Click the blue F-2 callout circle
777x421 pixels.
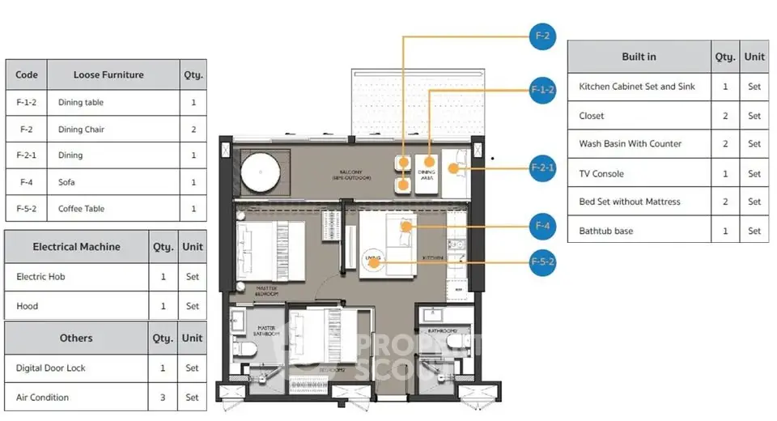542,36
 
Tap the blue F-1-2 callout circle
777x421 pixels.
542,90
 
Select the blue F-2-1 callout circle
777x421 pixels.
542,168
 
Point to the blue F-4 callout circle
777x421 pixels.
542,226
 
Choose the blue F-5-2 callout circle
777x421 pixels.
542,262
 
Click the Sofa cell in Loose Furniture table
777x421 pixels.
113,182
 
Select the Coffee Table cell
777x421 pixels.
113,209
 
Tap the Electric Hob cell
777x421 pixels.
77,277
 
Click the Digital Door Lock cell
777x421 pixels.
77,368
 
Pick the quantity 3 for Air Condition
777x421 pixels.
163,398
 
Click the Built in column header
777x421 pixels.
639,57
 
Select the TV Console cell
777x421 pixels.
639,173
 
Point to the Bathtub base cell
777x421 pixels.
639,231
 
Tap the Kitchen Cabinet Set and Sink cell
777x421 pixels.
639,87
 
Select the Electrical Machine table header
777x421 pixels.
76,247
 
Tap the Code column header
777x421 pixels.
27,74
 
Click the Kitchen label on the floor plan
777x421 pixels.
431,257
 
